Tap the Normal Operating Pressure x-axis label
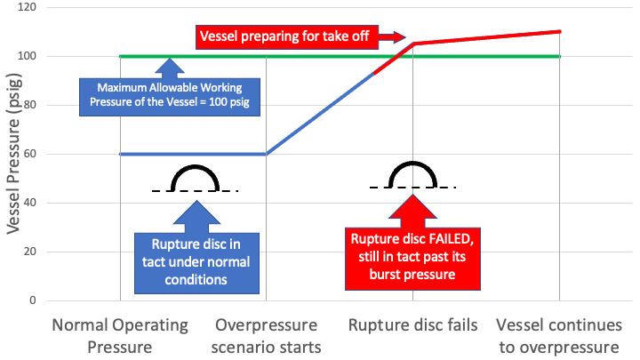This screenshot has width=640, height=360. (120, 335)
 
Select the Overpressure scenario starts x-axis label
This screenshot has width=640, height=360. (267, 335)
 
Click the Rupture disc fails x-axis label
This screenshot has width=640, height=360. (412, 324)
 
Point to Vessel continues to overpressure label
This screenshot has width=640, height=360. (558, 335)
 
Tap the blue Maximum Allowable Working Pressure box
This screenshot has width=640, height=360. (169, 95)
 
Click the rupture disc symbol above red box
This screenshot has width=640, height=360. (412, 176)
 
